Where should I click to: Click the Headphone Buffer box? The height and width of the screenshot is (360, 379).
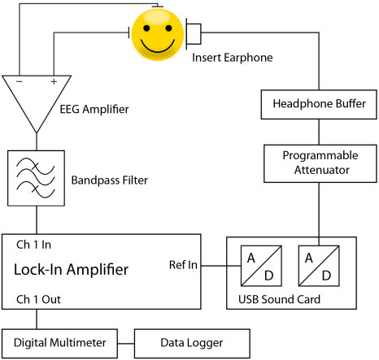319,105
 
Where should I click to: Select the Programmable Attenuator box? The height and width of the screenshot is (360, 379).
320,163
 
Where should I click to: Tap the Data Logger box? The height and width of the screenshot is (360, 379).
192,344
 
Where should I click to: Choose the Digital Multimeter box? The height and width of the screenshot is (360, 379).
59,344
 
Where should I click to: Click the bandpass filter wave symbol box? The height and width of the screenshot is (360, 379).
36,178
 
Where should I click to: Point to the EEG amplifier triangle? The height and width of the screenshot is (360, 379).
37,104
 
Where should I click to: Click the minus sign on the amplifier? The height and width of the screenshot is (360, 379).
20,81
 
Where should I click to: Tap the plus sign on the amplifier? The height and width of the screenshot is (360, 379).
54,81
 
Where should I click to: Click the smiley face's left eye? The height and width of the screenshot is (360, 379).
146,28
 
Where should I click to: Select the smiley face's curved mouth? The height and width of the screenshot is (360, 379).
158,48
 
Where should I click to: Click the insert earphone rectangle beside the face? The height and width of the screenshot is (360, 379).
194,34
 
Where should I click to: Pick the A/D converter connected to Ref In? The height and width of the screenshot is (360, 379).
261,266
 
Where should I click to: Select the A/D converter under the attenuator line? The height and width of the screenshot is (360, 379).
319,266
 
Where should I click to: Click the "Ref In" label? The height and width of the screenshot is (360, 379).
183,265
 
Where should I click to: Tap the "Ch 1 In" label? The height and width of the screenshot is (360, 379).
33,245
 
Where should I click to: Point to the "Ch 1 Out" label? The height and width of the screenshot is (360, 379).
38,299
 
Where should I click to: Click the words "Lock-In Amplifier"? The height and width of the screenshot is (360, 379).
71,270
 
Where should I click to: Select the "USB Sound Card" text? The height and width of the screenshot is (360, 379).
279,299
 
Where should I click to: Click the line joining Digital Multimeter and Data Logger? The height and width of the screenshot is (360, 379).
126,344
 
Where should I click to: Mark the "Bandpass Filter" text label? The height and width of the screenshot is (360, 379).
110,180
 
